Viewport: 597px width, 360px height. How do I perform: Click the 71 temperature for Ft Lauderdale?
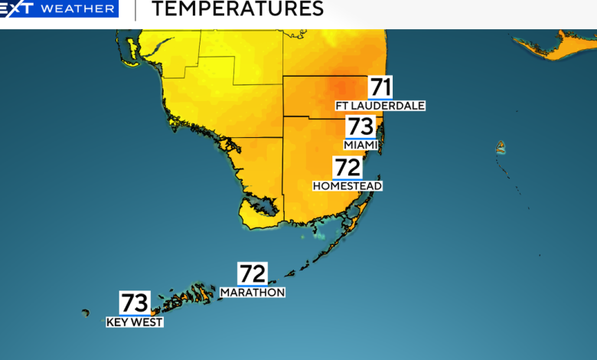coord(380,87)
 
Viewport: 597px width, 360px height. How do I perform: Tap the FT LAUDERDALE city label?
coord(380,105)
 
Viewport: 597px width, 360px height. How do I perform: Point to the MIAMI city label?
coord(360,145)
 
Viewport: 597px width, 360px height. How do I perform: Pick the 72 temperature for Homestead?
coord(347,168)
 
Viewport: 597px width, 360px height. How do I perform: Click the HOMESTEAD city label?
coord(347,185)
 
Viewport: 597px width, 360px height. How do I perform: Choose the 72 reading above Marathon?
coord(253,273)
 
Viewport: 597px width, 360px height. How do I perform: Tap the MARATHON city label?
coord(253,292)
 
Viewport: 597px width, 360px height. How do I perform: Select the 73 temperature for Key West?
coord(135,303)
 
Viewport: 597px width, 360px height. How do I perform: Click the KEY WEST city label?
coord(135,322)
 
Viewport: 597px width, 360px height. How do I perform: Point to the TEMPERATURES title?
coord(237,9)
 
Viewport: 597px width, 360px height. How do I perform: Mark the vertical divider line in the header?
coord(135,9)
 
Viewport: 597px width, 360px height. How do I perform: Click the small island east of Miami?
coord(501,146)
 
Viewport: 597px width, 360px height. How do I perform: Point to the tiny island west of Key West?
coord(86,312)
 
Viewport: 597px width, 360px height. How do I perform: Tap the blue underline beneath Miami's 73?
coord(360,138)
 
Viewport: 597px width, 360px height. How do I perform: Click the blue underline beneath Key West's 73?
coord(135,315)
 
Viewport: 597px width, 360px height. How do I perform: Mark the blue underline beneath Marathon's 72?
coord(253,285)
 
